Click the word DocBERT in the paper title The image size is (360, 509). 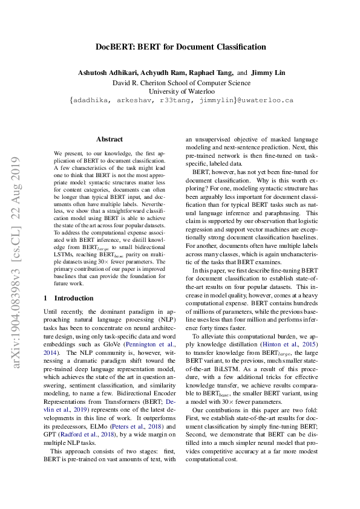[x=115, y=47]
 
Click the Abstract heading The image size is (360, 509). [x=110, y=139]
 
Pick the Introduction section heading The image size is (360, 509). [x=74, y=298]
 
